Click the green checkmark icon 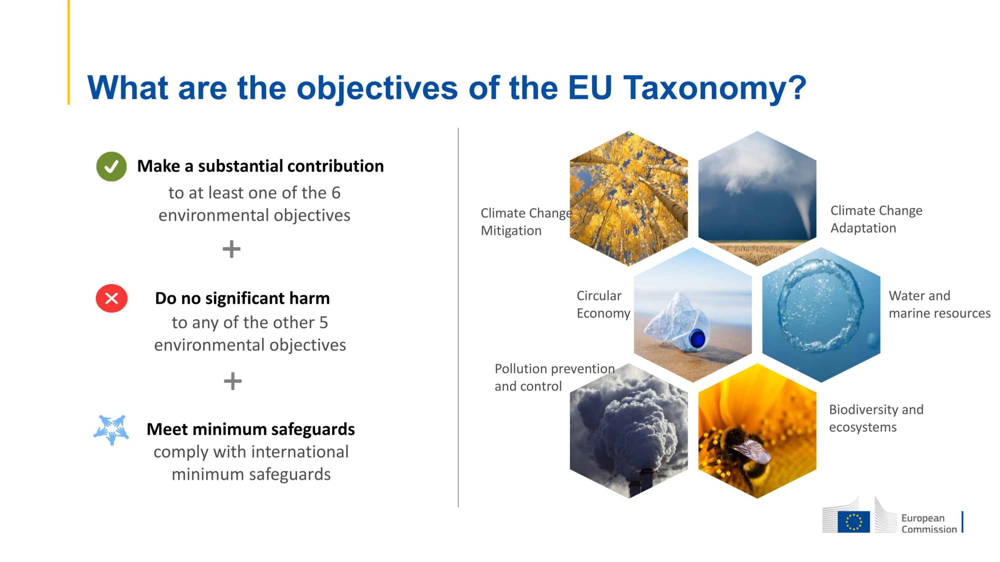click(111, 166)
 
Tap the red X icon click(112, 298)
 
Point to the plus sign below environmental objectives click(231, 249)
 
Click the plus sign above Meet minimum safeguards click(233, 381)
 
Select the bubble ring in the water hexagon click(820, 305)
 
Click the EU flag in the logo click(854, 522)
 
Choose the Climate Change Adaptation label click(876, 219)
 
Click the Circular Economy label click(603, 304)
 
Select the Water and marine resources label click(939, 304)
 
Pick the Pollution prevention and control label click(554, 377)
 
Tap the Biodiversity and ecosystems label click(876, 418)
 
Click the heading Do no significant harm click(242, 298)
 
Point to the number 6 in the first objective click(336, 193)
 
